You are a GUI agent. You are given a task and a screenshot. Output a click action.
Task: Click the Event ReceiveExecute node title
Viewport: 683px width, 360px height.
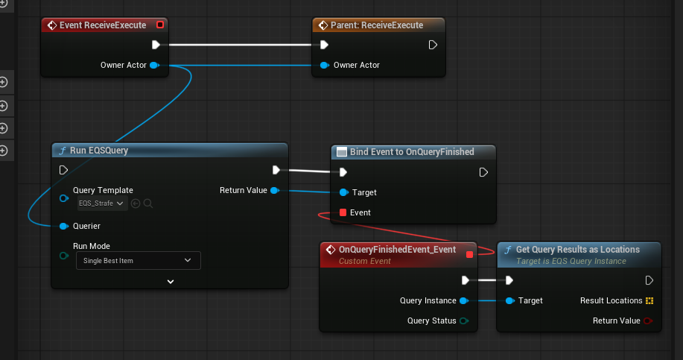point(103,25)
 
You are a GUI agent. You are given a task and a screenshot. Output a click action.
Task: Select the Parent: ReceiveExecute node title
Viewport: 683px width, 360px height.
point(377,25)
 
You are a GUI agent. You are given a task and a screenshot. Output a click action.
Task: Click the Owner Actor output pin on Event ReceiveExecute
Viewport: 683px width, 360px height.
point(154,65)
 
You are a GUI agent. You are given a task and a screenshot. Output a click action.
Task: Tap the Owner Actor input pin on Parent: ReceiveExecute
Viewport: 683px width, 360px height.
point(324,65)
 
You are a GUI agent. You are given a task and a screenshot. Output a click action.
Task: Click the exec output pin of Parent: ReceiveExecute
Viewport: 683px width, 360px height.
point(433,45)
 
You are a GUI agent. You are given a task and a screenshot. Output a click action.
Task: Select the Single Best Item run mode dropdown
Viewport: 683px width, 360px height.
point(138,261)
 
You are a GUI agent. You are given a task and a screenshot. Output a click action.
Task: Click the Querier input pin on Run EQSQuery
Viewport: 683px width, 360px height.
point(64,226)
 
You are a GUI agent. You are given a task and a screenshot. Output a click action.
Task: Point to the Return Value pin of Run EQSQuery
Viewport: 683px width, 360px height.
point(275,190)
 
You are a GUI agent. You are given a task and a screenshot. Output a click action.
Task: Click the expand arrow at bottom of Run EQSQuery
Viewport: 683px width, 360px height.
point(171,282)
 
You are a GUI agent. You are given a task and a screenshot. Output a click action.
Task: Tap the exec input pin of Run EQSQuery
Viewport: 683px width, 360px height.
point(63,170)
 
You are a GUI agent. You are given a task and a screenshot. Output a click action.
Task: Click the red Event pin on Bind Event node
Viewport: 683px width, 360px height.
point(343,212)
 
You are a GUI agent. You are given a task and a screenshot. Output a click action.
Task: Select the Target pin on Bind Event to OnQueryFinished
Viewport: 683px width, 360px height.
point(343,192)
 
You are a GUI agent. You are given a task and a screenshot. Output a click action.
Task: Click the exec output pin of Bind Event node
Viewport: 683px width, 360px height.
point(483,172)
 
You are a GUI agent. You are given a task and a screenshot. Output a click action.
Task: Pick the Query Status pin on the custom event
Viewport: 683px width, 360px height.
point(464,320)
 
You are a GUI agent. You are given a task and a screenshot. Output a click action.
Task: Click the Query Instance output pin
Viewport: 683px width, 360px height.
point(464,300)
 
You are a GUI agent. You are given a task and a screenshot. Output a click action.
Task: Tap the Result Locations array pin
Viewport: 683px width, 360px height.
point(649,300)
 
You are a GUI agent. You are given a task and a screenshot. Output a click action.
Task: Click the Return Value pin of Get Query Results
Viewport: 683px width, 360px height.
point(648,320)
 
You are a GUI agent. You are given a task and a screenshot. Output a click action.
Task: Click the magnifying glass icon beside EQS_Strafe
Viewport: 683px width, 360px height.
point(148,203)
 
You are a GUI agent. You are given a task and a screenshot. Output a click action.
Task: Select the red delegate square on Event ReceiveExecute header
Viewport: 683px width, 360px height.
point(160,25)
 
